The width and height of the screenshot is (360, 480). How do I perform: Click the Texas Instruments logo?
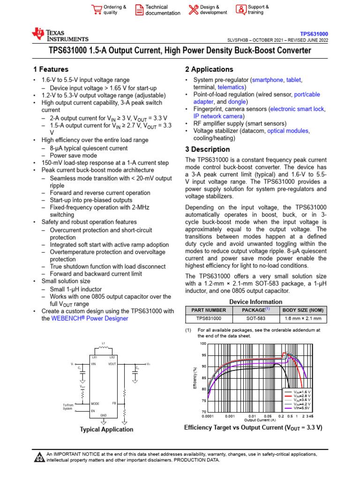tap(60, 35)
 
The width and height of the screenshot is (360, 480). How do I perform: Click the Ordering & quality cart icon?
tap(97, 10)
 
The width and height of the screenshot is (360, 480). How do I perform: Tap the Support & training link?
tap(258, 10)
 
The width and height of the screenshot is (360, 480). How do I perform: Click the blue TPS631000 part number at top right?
tap(314, 34)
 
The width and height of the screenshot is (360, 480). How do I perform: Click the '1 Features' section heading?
tap(48, 69)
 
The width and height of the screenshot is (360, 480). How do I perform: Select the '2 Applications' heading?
tap(209, 69)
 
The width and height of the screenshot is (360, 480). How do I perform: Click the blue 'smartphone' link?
tap(268, 80)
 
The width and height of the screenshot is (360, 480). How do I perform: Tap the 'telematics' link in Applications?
tap(231, 87)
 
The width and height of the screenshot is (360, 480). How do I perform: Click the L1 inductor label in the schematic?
tap(103, 344)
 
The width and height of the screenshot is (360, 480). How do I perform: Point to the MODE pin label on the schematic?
tap(95, 403)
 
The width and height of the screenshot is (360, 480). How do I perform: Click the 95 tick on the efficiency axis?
tap(203, 355)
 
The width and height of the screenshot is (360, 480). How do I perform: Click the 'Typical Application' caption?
tap(106, 429)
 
